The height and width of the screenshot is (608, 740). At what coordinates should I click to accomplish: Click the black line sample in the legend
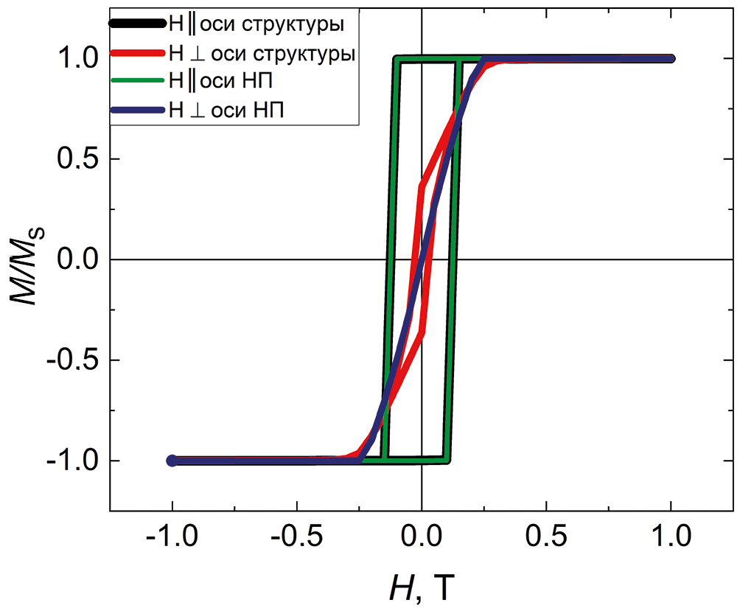(137, 24)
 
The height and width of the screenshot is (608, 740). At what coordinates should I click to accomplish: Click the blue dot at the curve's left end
(172, 461)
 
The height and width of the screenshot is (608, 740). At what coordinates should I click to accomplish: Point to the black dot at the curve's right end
(670, 58)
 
